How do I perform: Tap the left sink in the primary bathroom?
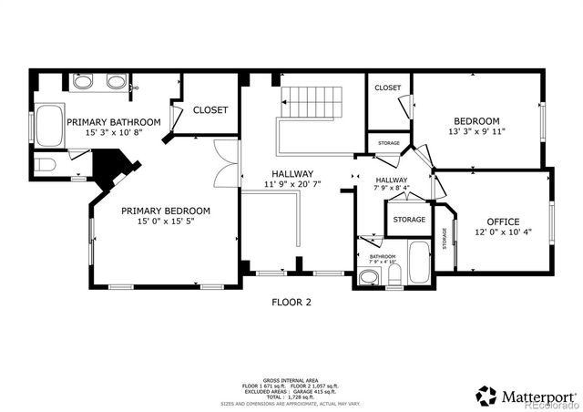click(x=82, y=83)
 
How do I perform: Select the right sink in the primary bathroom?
click(x=116, y=83)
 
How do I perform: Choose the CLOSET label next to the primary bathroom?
click(x=210, y=109)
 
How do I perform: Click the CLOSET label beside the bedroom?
click(x=388, y=88)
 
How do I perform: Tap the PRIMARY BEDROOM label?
click(x=166, y=211)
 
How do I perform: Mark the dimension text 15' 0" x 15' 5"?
click(x=166, y=221)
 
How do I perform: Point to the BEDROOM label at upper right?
click(x=477, y=121)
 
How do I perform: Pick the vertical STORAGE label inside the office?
click(x=445, y=237)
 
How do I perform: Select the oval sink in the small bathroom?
click(x=370, y=278)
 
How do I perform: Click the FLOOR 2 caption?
click(x=291, y=303)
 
